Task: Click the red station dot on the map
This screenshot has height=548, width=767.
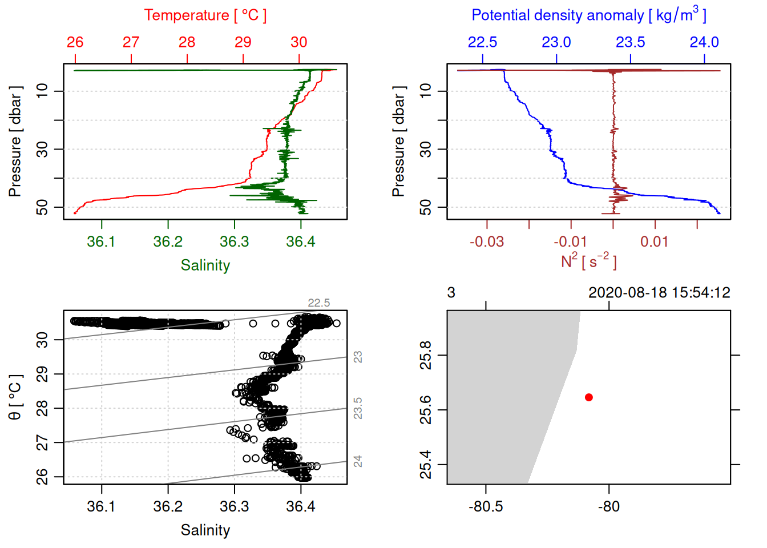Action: click(x=588, y=397)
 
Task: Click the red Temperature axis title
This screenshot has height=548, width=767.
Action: click(x=205, y=15)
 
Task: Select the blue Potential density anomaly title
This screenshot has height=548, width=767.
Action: click(x=588, y=15)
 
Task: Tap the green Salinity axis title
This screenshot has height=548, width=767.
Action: click(x=205, y=265)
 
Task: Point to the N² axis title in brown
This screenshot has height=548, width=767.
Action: click(x=588, y=261)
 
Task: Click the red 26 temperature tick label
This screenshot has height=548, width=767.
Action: click(x=75, y=42)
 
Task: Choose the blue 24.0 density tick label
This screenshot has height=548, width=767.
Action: click(x=704, y=42)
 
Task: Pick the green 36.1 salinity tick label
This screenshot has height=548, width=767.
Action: click(x=101, y=242)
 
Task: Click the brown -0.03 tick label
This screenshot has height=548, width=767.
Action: click(x=487, y=242)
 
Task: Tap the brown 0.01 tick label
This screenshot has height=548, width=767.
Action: click(x=654, y=242)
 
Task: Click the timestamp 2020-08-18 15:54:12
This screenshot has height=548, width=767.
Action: click(x=659, y=293)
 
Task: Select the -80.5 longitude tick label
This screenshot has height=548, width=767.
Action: click(x=486, y=507)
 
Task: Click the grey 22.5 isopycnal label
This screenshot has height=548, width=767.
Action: click(x=318, y=303)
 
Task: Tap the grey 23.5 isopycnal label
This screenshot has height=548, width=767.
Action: click(x=358, y=409)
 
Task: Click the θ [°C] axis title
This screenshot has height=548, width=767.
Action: click(x=15, y=397)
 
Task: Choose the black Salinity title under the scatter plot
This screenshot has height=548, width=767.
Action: click(x=205, y=530)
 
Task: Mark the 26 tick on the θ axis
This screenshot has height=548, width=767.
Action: click(x=42, y=477)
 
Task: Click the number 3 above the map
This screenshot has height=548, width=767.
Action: click(x=451, y=293)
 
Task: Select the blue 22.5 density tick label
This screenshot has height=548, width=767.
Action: click(x=482, y=42)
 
